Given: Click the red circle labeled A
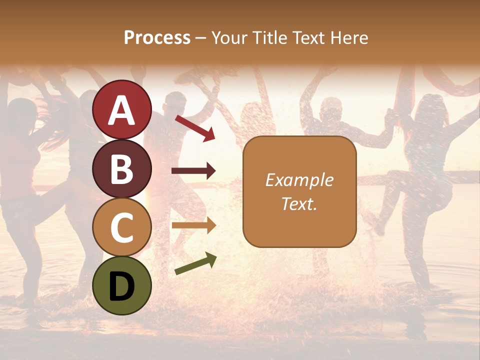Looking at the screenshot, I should click(122, 109).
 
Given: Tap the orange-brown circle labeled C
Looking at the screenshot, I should click(122, 227).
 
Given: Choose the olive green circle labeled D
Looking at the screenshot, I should click(122, 285).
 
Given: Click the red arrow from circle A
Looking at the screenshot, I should click(195, 128).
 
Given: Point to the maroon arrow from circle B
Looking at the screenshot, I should click(194, 171).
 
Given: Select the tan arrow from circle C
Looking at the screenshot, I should click(194, 225).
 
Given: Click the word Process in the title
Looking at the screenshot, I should click(157, 38).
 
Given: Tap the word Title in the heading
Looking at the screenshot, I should click(270, 38).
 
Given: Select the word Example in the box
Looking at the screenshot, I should click(299, 180).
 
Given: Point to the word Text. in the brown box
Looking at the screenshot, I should click(299, 203).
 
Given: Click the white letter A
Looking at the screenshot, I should click(122, 110).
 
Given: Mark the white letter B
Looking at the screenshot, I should click(122, 169).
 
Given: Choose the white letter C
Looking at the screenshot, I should click(122, 228).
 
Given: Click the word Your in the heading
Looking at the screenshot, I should click(230, 38).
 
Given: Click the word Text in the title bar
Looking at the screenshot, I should click(308, 38).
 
